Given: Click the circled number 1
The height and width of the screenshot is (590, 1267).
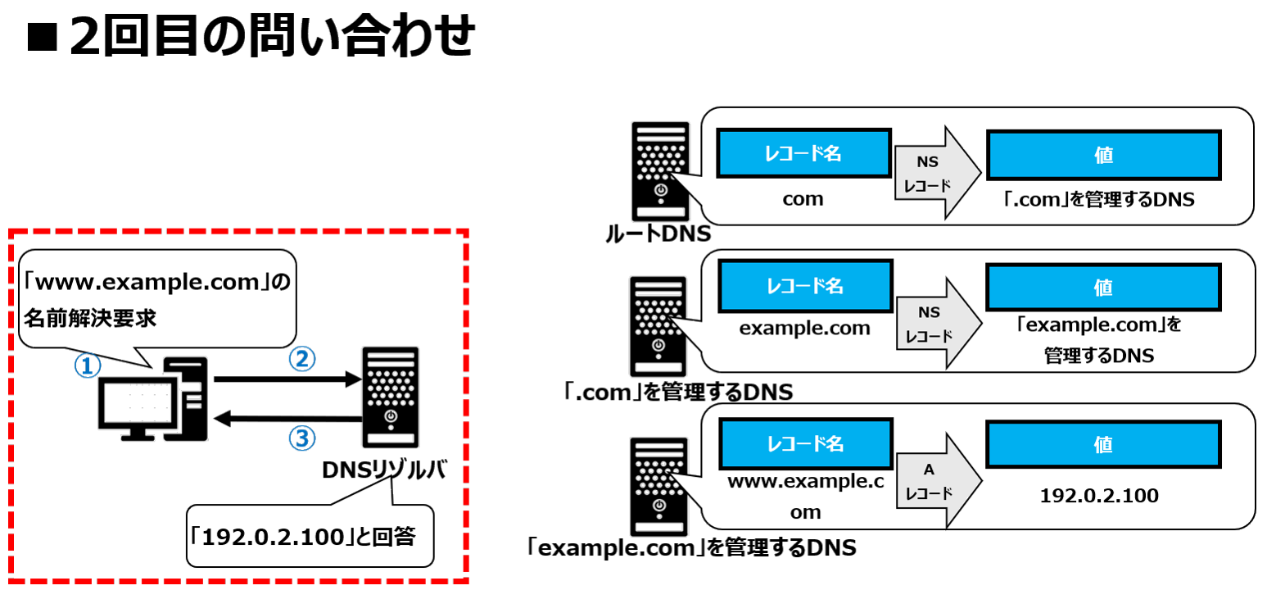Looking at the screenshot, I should tap(87, 365).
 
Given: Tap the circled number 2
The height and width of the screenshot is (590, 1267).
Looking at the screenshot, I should tap(302, 358).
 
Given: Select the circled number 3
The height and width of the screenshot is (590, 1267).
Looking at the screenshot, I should tap(301, 439).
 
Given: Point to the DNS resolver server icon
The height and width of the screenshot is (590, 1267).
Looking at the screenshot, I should tap(390, 397).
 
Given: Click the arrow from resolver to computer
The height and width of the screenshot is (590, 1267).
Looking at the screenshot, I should tap(287, 420).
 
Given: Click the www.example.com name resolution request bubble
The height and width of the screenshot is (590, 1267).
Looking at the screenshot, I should tap(156, 299).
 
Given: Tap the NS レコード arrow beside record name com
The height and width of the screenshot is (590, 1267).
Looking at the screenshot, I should tap(938, 174).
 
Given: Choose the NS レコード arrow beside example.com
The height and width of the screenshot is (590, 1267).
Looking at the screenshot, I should tap(938, 324).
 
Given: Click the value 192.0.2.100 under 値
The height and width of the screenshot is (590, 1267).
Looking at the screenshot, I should tap(1099, 496).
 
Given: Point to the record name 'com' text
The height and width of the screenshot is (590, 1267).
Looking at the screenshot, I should tap(803, 199).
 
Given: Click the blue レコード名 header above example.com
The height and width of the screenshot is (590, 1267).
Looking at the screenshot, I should tap(804, 287).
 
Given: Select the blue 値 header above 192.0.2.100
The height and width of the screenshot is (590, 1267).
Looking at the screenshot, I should tap(1103, 445).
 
